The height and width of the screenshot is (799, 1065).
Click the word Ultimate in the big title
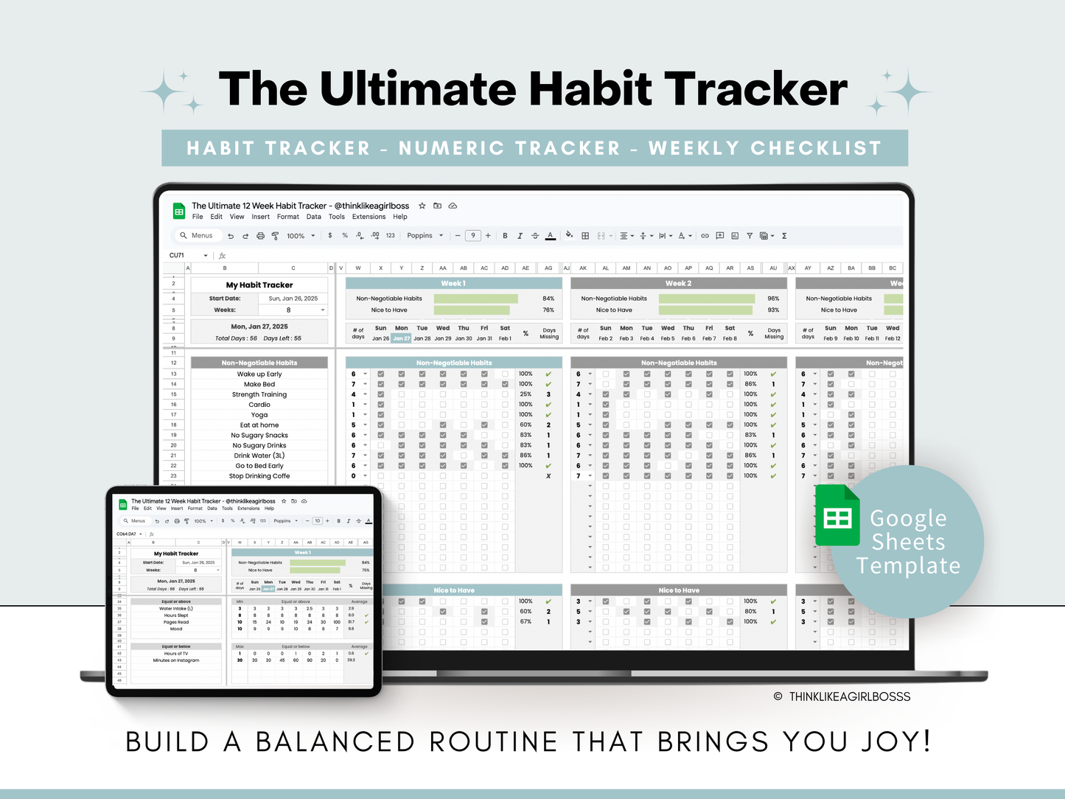(418, 89)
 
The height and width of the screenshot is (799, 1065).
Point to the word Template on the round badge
(908, 565)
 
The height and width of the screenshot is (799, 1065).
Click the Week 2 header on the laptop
(678, 283)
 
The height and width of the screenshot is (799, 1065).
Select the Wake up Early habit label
(259, 374)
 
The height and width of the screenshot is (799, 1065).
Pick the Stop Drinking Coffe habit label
(259, 476)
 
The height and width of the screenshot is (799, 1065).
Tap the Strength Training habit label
(259, 394)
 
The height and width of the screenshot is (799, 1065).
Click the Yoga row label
(259, 415)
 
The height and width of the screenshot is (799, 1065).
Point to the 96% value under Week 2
(773, 299)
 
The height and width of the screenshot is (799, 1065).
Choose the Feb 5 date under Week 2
(667, 338)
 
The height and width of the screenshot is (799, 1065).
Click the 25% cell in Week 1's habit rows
(525, 394)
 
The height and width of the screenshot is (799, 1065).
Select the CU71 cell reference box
(178, 256)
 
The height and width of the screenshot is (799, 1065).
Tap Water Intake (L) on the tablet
(176, 609)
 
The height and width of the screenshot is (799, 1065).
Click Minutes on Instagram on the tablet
(176, 660)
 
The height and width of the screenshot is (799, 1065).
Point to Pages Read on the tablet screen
(176, 622)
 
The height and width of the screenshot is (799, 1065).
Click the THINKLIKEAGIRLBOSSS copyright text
(849, 697)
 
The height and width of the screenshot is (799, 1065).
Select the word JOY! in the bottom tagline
(895, 742)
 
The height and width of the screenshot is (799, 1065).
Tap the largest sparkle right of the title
(907, 92)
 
